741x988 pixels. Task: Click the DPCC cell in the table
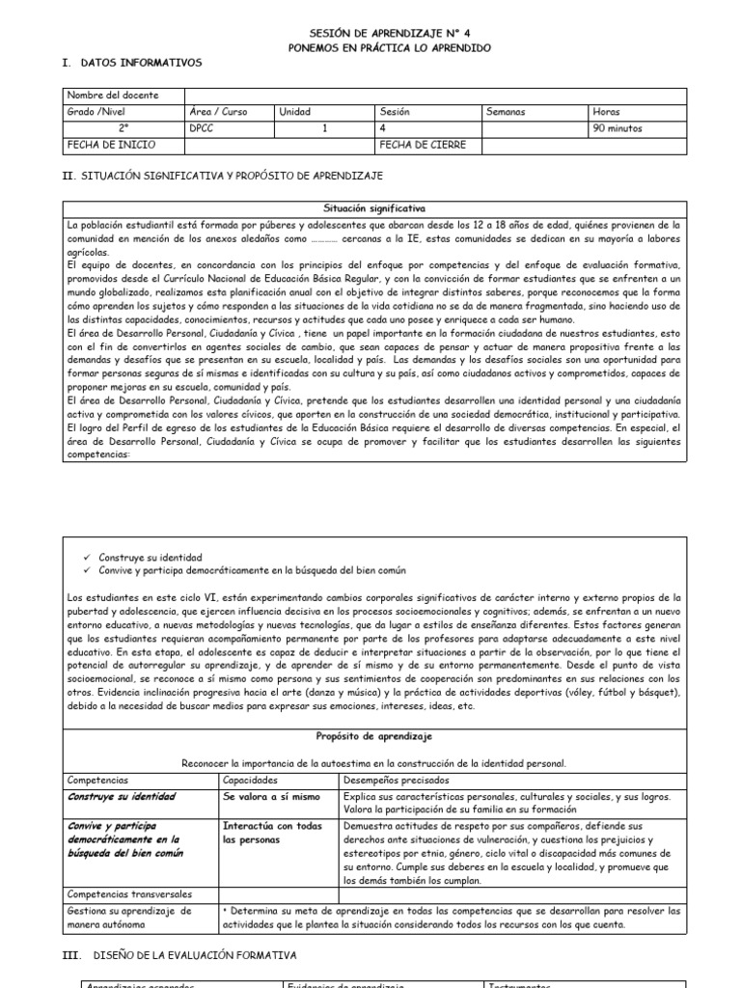pos(204,128)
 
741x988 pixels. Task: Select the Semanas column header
pos(507,112)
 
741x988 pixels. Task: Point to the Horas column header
pos(608,112)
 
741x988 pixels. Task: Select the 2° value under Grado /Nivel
pos(123,128)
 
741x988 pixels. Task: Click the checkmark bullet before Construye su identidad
pos(89,559)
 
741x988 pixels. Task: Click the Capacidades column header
pos(251,779)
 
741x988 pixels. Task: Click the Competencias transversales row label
pos(130,894)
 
